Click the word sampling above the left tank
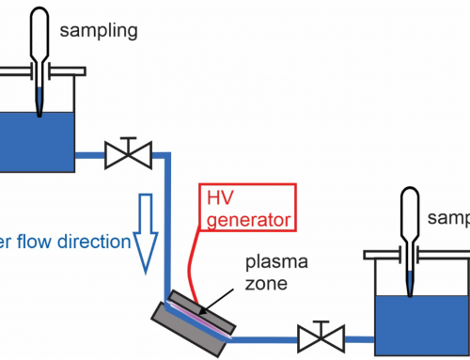pyautogui.click(x=99, y=31)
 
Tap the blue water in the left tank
pyautogui.click(x=38, y=141)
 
